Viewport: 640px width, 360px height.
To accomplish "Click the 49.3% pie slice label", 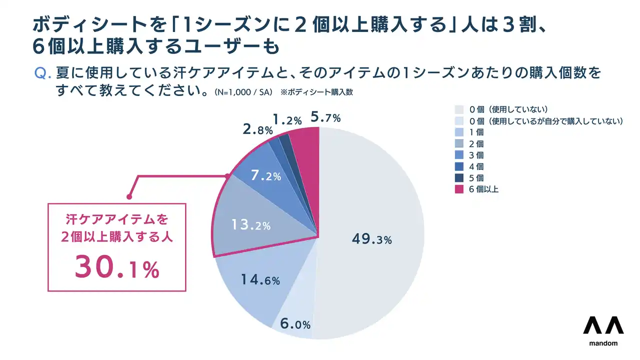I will pos(371,239).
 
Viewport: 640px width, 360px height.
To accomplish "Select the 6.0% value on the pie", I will pos(295,324).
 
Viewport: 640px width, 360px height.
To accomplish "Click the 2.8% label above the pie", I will pos(257,130).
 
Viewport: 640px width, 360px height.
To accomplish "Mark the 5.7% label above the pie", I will pos(325,118).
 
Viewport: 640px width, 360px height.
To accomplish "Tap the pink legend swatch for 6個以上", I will pos(459,189).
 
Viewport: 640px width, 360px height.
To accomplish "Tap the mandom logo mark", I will pos(603,325).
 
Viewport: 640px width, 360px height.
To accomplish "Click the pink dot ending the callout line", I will pos(129,196).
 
